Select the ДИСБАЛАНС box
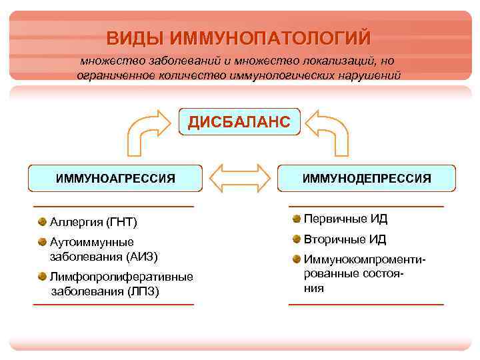tap(239, 122)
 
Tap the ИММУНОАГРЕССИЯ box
tap(115, 178)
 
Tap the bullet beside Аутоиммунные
tap(42, 241)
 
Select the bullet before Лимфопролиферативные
tap(42, 276)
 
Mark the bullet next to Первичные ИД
tap(296, 219)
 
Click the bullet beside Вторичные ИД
tap(296, 239)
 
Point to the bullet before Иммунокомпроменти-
tap(296, 259)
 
